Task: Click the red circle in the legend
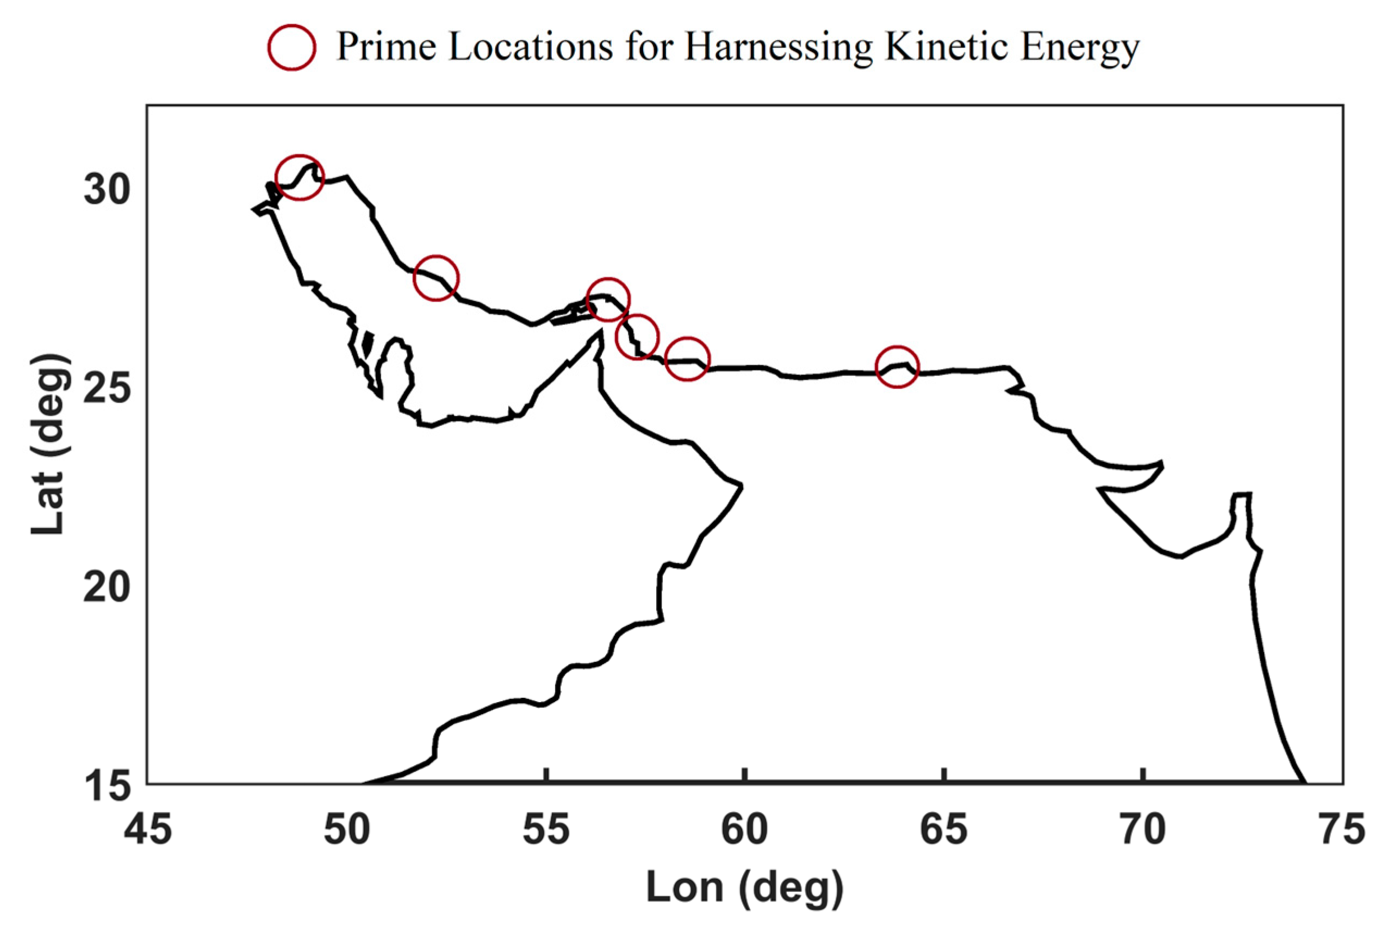[291, 47]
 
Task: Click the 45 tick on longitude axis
[147, 829]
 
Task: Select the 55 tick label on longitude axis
[546, 829]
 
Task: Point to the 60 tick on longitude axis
[745, 829]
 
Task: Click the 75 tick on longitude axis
[1341, 829]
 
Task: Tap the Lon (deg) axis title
[745, 888]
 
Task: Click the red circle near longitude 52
[436, 277]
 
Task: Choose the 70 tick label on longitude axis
[1143, 829]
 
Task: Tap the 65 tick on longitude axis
[944, 829]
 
